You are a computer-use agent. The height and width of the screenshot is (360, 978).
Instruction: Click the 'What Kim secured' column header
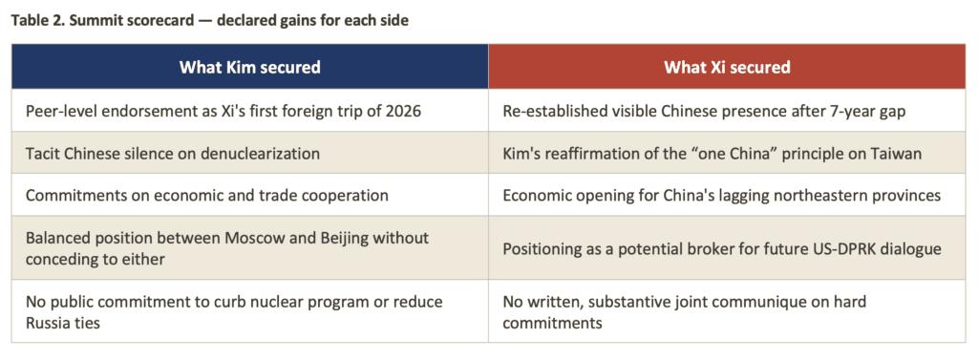pyautogui.click(x=249, y=67)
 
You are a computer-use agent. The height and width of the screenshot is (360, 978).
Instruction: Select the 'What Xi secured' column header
pyautogui.click(x=727, y=67)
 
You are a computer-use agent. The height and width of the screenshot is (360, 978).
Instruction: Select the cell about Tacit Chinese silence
pyautogui.click(x=249, y=153)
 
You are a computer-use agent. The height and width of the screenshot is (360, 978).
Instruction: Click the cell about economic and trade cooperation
pyautogui.click(x=249, y=196)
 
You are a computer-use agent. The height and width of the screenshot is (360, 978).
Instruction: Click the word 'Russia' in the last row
pyautogui.click(x=47, y=323)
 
